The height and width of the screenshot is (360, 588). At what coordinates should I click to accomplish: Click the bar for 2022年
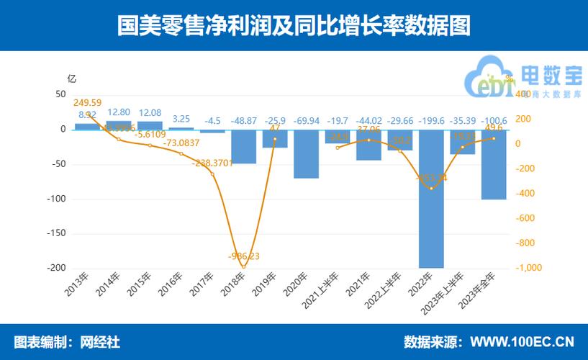click(x=431, y=198)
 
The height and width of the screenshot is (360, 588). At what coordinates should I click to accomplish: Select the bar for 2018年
click(x=244, y=147)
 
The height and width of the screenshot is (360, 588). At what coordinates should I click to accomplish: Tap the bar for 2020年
click(x=306, y=154)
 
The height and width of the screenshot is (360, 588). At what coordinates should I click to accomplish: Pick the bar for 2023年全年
click(x=493, y=165)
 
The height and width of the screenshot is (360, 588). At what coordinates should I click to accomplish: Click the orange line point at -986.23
click(x=243, y=266)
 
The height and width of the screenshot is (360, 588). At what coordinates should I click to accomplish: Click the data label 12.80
click(x=119, y=112)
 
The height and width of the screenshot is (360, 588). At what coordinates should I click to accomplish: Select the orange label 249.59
click(x=88, y=103)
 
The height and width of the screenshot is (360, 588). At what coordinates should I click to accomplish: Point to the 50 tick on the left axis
click(x=60, y=94)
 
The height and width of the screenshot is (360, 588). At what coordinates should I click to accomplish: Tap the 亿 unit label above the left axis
click(x=71, y=78)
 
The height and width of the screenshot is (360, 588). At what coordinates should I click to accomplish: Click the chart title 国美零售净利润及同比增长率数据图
click(x=294, y=26)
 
